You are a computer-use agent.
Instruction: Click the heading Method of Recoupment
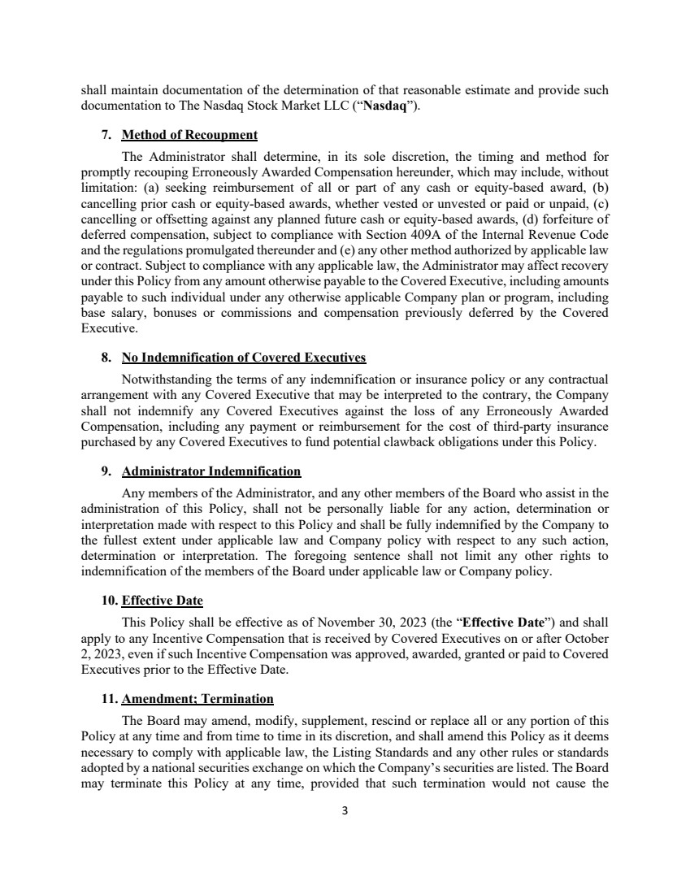point(189,135)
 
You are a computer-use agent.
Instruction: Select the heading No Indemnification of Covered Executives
point(244,358)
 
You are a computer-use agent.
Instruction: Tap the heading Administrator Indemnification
point(211,471)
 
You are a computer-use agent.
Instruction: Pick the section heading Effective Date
point(162,601)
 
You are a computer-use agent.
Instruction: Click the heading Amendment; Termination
point(197,699)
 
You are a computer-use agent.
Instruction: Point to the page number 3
point(345,810)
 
